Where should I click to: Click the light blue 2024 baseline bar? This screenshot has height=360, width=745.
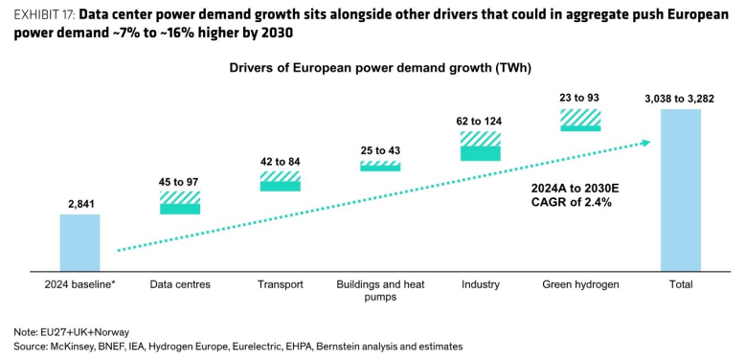pyautogui.click(x=79, y=242)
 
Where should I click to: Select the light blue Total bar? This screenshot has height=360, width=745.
pyautogui.click(x=681, y=191)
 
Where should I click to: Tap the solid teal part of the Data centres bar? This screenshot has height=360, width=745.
pyautogui.click(x=180, y=209)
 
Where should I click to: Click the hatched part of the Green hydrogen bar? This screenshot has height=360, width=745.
pyautogui.click(x=580, y=118)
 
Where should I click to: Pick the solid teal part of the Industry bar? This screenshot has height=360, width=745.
pyautogui.click(x=481, y=153)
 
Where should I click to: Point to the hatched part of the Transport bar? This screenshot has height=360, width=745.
pyautogui.click(x=281, y=176)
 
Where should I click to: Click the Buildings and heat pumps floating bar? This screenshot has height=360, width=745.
pyautogui.click(x=380, y=166)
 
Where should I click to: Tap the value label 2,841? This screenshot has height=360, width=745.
pyautogui.click(x=79, y=204)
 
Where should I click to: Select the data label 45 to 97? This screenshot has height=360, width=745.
pyautogui.click(x=179, y=181)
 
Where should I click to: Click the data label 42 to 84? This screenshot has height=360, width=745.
pyautogui.click(x=281, y=162)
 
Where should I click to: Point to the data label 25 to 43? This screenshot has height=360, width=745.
pyautogui.click(x=380, y=150)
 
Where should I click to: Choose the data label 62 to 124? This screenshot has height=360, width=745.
pyautogui.click(x=481, y=122)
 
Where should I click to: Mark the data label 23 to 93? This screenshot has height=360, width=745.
pyautogui.click(x=580, y=99)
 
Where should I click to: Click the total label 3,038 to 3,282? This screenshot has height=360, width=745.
pyautogui.click(x=680, y=99)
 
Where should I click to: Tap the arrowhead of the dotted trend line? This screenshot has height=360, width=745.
pyautogui.click(x=645, y=142)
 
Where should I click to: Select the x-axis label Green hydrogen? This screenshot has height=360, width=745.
pyautogui.click(x=580, y=285)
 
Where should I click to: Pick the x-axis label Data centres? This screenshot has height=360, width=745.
pyautogui.click(x=180, y=285)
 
